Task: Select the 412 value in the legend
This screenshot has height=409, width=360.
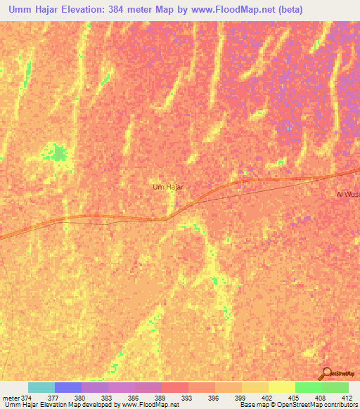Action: [346, 398]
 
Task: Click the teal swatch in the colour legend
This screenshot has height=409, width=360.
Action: [41, 387]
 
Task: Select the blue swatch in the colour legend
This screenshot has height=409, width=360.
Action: [68, 387]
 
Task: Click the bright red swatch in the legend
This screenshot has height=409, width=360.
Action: [175, 387]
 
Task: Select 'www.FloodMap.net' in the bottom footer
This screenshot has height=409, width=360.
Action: [148, 405]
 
